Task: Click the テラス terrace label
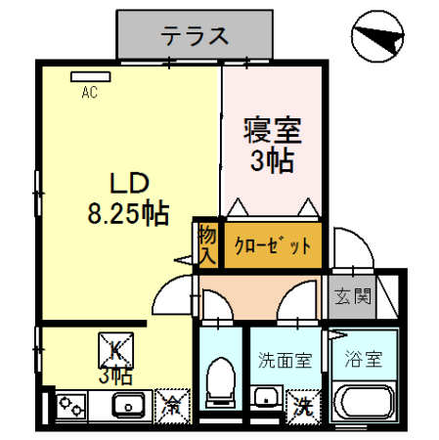click(x=195, y=36)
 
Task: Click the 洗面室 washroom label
click(x=285, y=361)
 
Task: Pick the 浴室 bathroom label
click(x=362, y=361)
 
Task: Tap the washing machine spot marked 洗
click(x=301, y=402)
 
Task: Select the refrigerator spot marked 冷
click(x=172, y=402)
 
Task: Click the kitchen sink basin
click(x=128, y=403)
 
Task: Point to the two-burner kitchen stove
click(x=70, y=403)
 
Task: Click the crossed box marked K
click(x=115, y=348)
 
